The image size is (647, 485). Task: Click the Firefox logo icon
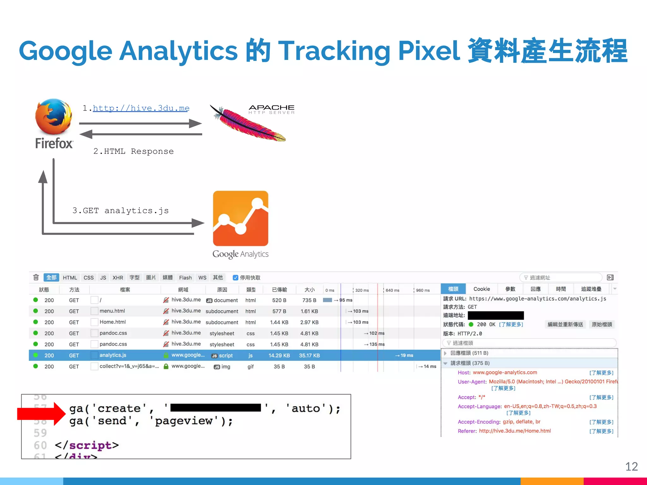[54, 117]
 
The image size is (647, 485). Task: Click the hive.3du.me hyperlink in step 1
[141, 108]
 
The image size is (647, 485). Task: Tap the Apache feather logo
[248, 124]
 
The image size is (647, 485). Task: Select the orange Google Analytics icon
[240, 218]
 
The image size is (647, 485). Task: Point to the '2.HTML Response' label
[133, 152]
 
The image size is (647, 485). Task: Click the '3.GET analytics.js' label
[120, 211]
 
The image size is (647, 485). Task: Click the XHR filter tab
[118, 278]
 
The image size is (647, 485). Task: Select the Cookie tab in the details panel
[481, 289]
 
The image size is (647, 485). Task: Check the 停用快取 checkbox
[235, 278]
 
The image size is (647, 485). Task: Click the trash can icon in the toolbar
[36, 277]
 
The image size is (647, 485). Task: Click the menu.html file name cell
[112, 311]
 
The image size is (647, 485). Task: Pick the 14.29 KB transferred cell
[279, 356]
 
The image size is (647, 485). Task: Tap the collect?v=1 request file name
[129, 366]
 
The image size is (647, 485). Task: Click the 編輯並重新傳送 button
[565, 324]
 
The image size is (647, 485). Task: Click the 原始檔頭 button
[602, 324]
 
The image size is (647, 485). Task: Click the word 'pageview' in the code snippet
[184, 421]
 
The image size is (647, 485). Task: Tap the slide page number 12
[631, 466]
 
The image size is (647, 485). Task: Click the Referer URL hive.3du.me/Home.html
[515, 431]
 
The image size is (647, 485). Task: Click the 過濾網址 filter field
[561, 278]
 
